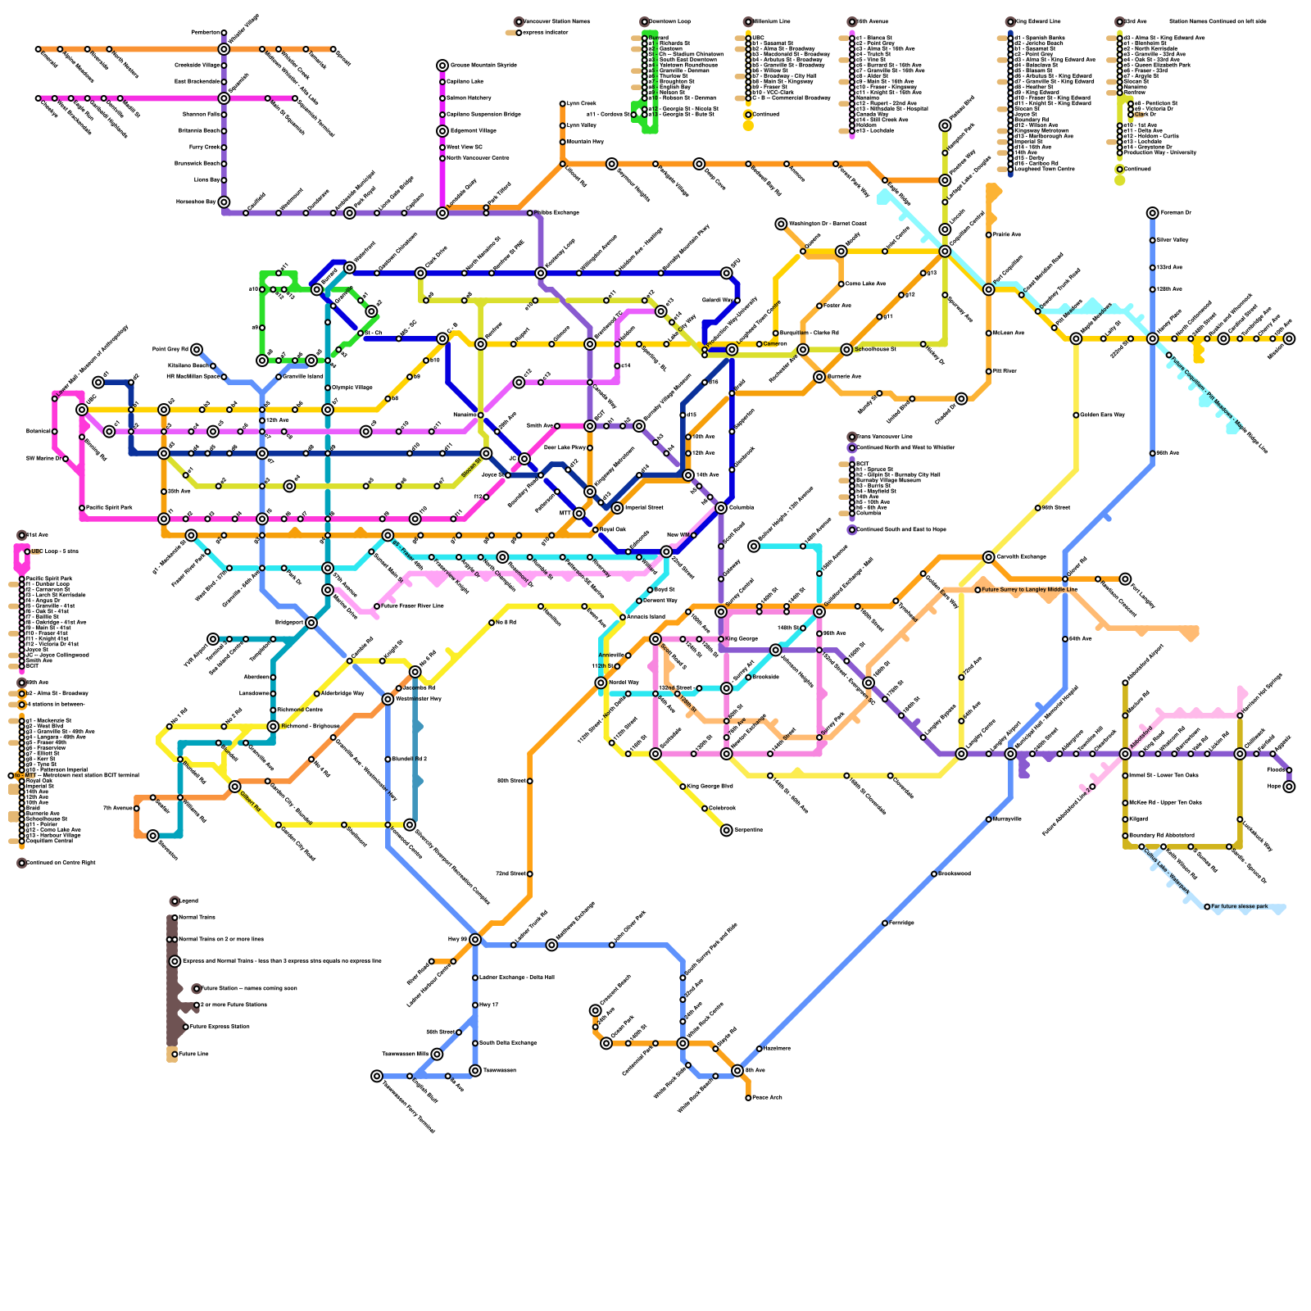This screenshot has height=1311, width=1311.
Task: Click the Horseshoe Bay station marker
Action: [x=224, y=202]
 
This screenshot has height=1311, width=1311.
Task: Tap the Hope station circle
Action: [x=1289, y=787]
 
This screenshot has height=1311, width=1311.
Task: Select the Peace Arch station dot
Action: [x=748, y=1098]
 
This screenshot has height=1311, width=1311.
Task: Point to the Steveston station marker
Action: [x=152, y=836]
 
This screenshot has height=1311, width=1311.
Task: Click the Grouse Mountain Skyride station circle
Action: [x=442, y=66]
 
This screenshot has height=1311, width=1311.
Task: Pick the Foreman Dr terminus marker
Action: [x=1153, y=213]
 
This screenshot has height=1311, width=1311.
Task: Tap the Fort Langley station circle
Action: [x=1125, y=579]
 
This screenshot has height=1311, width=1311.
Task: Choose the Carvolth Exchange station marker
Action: [x=989, y=557]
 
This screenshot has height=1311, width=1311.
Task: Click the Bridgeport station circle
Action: [x=311, y=623]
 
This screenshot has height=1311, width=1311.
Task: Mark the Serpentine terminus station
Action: [x=727, y=830]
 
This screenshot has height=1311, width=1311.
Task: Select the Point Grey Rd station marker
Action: [x=197, y=350]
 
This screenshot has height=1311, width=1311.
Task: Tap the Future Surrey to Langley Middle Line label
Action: [x=1029, y=589]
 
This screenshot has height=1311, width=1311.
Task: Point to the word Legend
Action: [x=188, y=901]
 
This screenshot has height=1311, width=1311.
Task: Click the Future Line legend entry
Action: [x=193, y=1054]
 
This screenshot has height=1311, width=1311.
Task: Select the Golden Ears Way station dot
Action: [x=1076, y=415]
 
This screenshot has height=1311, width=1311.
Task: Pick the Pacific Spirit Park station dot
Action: [x=82, y=508]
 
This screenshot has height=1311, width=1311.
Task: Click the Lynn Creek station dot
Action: [x=563, y=104]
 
